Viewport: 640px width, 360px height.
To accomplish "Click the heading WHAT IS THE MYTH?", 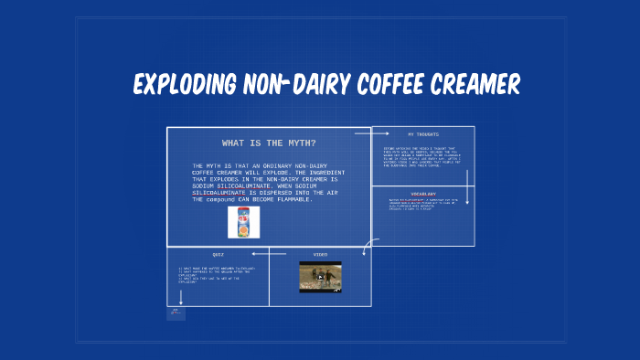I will pos(269,143).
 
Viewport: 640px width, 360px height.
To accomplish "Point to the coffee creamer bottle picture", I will pos(243,222).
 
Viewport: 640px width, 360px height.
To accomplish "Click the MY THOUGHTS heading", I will pos(423,134).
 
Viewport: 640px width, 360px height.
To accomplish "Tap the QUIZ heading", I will pos(218,255).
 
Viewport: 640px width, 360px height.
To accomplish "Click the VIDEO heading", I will pos(320,255).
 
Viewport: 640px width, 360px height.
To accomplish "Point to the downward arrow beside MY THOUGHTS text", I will pos(467,187).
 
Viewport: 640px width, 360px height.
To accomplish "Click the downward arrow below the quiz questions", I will pos(181,295).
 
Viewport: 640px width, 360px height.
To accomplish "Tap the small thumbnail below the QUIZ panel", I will pos(176,313).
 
